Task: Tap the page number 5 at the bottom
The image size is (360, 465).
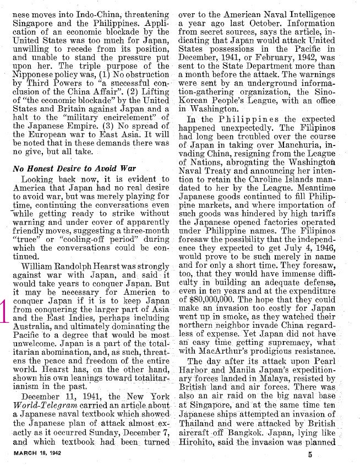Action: click(310, 455)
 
